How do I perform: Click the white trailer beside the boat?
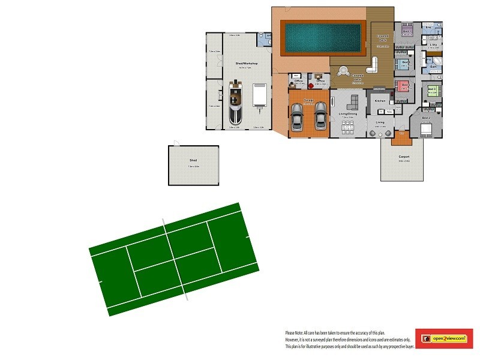259,96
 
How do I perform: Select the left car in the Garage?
297,116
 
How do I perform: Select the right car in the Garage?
320,115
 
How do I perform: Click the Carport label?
404,157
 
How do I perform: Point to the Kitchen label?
380,101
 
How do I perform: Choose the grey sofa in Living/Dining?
354,101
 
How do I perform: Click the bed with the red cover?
403,85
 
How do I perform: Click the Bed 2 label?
426,118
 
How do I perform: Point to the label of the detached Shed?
193,161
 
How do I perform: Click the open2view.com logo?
448,339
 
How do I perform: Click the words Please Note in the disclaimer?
295,332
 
